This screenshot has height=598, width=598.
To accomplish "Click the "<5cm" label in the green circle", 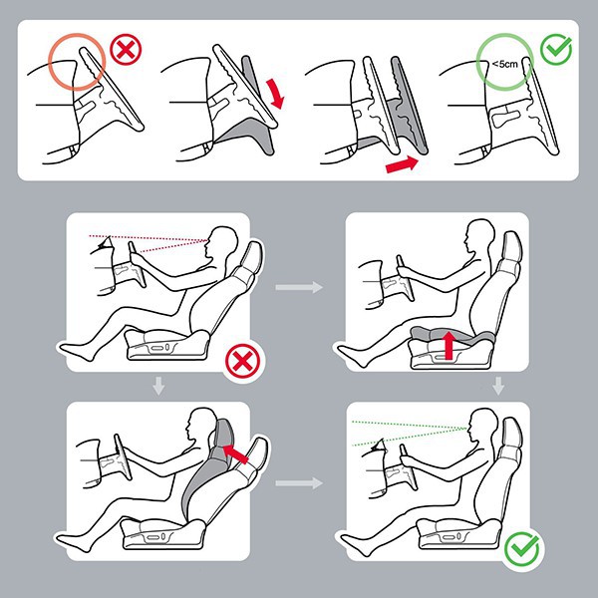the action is (x=504, y=64).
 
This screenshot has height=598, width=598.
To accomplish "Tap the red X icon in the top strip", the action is (x=126, y=50).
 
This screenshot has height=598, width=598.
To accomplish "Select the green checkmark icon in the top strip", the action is (x=556, y=50).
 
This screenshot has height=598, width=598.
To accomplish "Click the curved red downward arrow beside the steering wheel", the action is (x=276, y=94).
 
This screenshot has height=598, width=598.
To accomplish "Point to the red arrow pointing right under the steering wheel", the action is (x=402, y=164).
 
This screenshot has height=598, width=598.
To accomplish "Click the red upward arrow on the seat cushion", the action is (x=449, y=345).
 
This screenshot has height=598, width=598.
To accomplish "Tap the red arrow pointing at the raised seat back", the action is (x=235, y=453).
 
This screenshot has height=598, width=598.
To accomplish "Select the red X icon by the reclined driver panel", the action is (x=242, y=361).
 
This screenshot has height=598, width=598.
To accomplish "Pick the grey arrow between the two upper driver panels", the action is (x=299, y=287).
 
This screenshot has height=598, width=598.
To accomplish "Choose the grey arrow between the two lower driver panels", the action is (x=299, y=482).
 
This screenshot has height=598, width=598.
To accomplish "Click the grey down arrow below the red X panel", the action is (x=158, y=386).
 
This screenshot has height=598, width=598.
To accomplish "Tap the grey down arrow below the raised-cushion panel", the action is (x=498, y=386).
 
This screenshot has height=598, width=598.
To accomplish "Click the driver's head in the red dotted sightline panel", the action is (x=221, y=244).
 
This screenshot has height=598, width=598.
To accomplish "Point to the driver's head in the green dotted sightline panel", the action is (x=482, y=426).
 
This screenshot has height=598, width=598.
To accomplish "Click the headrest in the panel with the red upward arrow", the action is (x=511, y=247).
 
